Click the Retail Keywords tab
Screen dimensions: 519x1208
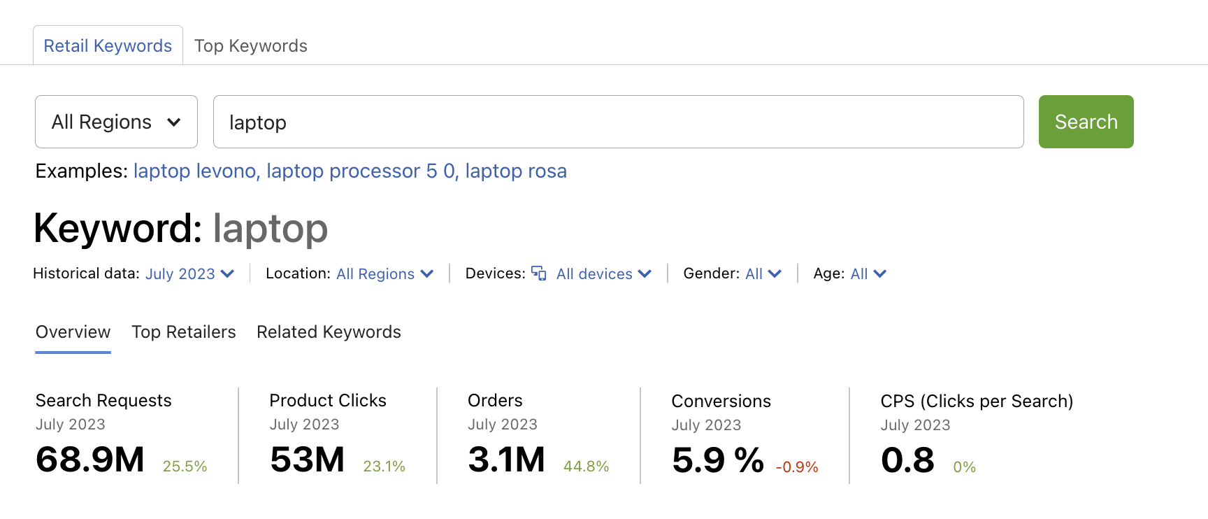[x=108, y=46]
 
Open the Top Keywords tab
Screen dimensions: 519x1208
[x=250, y=46]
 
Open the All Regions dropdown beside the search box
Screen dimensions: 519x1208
[x=116, y=122]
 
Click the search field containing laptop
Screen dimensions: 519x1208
[x=618, y=122]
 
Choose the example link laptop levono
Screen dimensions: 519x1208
[x=194, y=171]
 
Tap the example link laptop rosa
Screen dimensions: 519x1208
[x=516, y=171]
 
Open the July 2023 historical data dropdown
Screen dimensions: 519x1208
[x=189, y=274]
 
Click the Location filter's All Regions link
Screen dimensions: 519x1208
[x=384, y=274]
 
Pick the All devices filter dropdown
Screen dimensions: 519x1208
[x=603, y=274]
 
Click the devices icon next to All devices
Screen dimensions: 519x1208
[x=539, y=273]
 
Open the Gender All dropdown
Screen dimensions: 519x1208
[x=763, y=274]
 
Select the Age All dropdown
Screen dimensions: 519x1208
[x=868, y=274]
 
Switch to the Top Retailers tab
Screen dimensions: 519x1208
[x=184, y=332]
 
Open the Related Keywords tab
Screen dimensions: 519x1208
[x=329, y=332]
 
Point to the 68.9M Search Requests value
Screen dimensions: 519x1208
[x=90, y=460]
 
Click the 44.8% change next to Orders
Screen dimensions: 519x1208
[x=586, y=467]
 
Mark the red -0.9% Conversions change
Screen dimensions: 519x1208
[x=797, y=467]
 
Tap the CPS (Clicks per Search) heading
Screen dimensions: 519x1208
[x=977, y=401]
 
